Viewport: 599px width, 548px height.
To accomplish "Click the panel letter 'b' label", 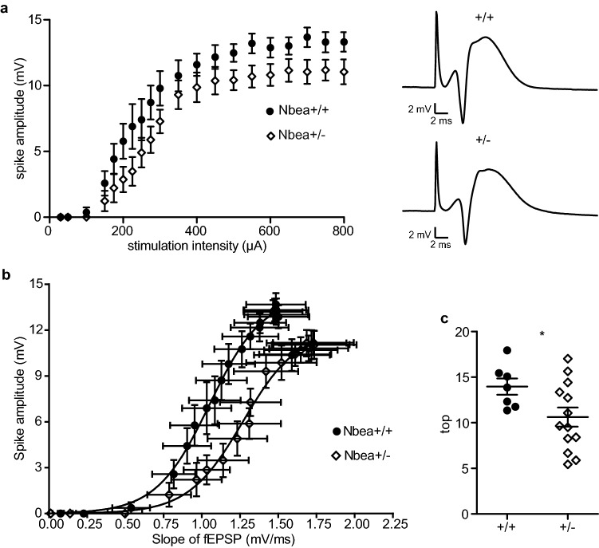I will click(x=6, y=276).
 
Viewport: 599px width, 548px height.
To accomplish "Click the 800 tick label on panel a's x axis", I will click(x=344, y=231).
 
